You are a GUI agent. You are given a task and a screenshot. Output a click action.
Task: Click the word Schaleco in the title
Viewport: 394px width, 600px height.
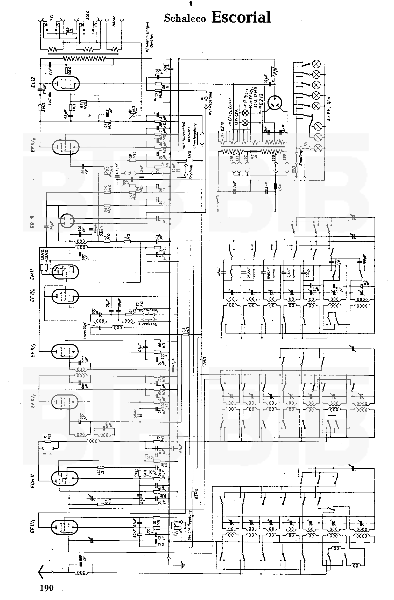click(185, 18)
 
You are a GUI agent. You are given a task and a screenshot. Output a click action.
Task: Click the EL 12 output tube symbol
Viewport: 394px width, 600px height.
click(66, 84)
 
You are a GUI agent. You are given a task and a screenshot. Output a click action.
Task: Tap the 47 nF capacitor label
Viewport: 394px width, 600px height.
click(220, 272)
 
